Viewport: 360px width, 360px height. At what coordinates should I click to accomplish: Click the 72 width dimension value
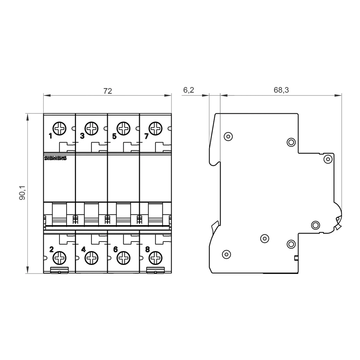(108, 91)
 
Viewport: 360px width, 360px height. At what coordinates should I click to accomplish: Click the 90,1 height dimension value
(23, 193)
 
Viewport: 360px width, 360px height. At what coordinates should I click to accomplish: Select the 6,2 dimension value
(189, 90)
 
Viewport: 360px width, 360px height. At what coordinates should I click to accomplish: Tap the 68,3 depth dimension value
(281, 90)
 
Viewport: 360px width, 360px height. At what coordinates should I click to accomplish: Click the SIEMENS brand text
(55, 158)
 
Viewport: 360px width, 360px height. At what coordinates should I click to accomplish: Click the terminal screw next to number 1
(59, 128)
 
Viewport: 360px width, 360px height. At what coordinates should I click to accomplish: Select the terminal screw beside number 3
(91, 128)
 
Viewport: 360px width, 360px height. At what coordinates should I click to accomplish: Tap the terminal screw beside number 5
(123, 128)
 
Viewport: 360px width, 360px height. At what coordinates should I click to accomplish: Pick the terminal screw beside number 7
(156, 128)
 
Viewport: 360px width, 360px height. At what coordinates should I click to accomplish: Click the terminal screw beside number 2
(59, 258)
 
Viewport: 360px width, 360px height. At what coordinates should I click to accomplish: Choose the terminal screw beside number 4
(91, 258)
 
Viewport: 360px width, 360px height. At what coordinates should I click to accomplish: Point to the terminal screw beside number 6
(123, 258)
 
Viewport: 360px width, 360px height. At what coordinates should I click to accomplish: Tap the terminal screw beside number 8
(156, 258)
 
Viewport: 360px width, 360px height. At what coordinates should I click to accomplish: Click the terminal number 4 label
(83, 249)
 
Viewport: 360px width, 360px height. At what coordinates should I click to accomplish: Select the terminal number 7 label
(146, 136)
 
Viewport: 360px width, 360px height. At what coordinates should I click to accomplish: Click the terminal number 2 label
(51, 249)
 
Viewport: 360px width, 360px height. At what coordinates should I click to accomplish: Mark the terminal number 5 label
(114, 136)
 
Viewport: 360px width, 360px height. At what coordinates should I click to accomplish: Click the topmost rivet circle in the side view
(228, 136)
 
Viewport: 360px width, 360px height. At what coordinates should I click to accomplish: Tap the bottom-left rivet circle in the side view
(226, 254)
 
